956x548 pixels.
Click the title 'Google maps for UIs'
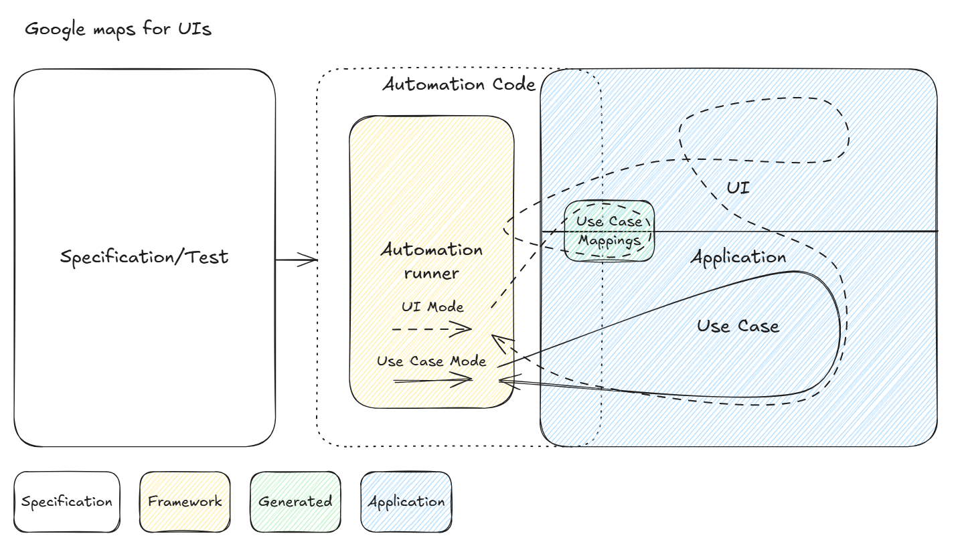[x=118, y=30]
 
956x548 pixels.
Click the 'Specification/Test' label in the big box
[x=144, y=257]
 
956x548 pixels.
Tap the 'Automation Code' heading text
[x=459, y=85]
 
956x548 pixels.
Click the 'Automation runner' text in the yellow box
[x=432, y=261]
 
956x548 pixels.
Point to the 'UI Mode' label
[x=432, y=307]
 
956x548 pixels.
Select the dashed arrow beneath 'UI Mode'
[x=432, y=329]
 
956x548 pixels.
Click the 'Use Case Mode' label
[x=431, y=361]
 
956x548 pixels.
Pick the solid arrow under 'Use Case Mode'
[x=433, y=380]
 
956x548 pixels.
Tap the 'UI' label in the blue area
[x=738, y=188]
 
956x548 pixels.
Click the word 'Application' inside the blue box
[x=738, y=258]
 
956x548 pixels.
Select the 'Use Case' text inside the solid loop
[x=738, y=327]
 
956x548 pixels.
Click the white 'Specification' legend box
[x=67, y=502]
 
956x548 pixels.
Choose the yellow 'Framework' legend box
[x=185, y=502]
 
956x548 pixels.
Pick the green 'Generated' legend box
[x=295, y=502]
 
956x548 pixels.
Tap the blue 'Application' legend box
[x=406, y=502]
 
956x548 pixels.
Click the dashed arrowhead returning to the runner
[x=498, y=341]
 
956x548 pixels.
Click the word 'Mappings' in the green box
[x=609, y=240]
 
